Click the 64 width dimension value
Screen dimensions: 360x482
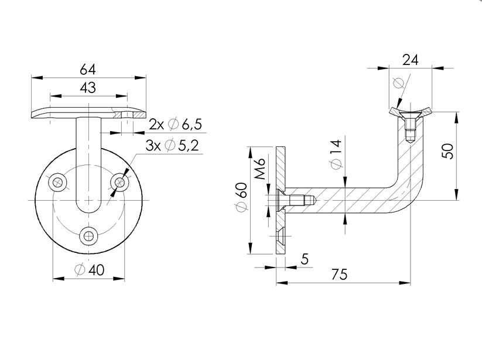(88, 68)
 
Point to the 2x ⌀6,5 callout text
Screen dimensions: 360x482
(175, 124)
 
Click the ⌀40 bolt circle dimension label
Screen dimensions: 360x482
(90, 270)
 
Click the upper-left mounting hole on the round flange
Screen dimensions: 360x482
(57, 182)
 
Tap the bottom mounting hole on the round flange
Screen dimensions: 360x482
(88, 236)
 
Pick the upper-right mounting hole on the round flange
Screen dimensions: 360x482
(120, 182)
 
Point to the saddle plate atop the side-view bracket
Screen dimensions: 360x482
(409, 112)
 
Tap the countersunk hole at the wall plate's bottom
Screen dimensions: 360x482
(281, 237)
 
